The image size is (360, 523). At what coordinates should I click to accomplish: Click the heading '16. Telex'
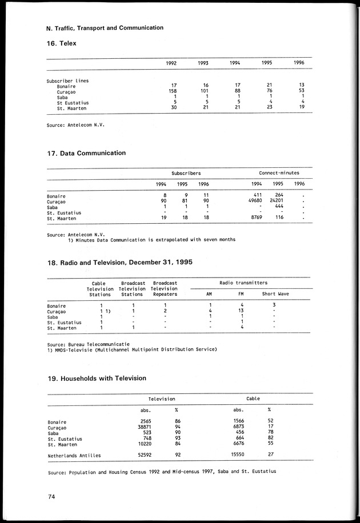[x=61, y=43]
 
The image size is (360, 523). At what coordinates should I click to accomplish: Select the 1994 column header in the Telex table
[x=234, y=63]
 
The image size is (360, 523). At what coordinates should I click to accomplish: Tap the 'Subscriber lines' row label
[x=67, y=81]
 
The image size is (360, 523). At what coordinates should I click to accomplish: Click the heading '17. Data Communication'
[x=86, y=153]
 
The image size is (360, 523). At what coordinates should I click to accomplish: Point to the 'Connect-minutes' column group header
[x=279, y=172]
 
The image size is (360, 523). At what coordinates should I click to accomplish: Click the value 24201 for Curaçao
[x=276, y=201]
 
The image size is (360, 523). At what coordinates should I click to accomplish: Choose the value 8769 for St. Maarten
[x=255, y=218]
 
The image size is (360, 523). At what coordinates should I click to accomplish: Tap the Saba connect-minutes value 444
[x=279, y=207]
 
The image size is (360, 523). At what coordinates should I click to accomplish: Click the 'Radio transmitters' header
[x=243, y=283]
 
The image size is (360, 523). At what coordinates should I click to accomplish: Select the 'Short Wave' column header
[x=275, y=294]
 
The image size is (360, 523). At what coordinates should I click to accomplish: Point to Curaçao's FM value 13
[x=241, y=311]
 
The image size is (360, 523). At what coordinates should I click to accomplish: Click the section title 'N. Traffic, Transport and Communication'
[x=105, y=27]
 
